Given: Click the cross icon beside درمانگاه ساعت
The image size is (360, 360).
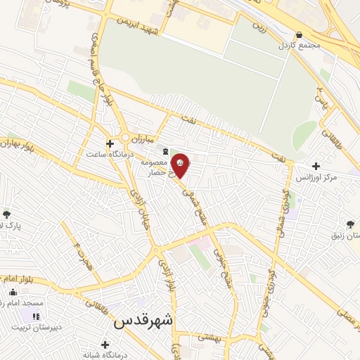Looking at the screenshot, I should coord(110,143).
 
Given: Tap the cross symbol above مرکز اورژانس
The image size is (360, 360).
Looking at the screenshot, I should coord(316,167).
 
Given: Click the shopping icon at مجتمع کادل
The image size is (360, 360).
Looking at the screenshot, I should coord(300,34).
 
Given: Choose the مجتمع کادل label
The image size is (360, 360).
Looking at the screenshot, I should coord(300,45).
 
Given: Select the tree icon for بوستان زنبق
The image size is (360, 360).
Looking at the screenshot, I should coord(350,225).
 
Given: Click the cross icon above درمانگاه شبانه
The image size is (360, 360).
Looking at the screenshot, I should coord(105,345).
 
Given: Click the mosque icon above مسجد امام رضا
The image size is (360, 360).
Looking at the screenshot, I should coord(12,292).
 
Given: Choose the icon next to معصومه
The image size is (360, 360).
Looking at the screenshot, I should coord(165,152).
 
